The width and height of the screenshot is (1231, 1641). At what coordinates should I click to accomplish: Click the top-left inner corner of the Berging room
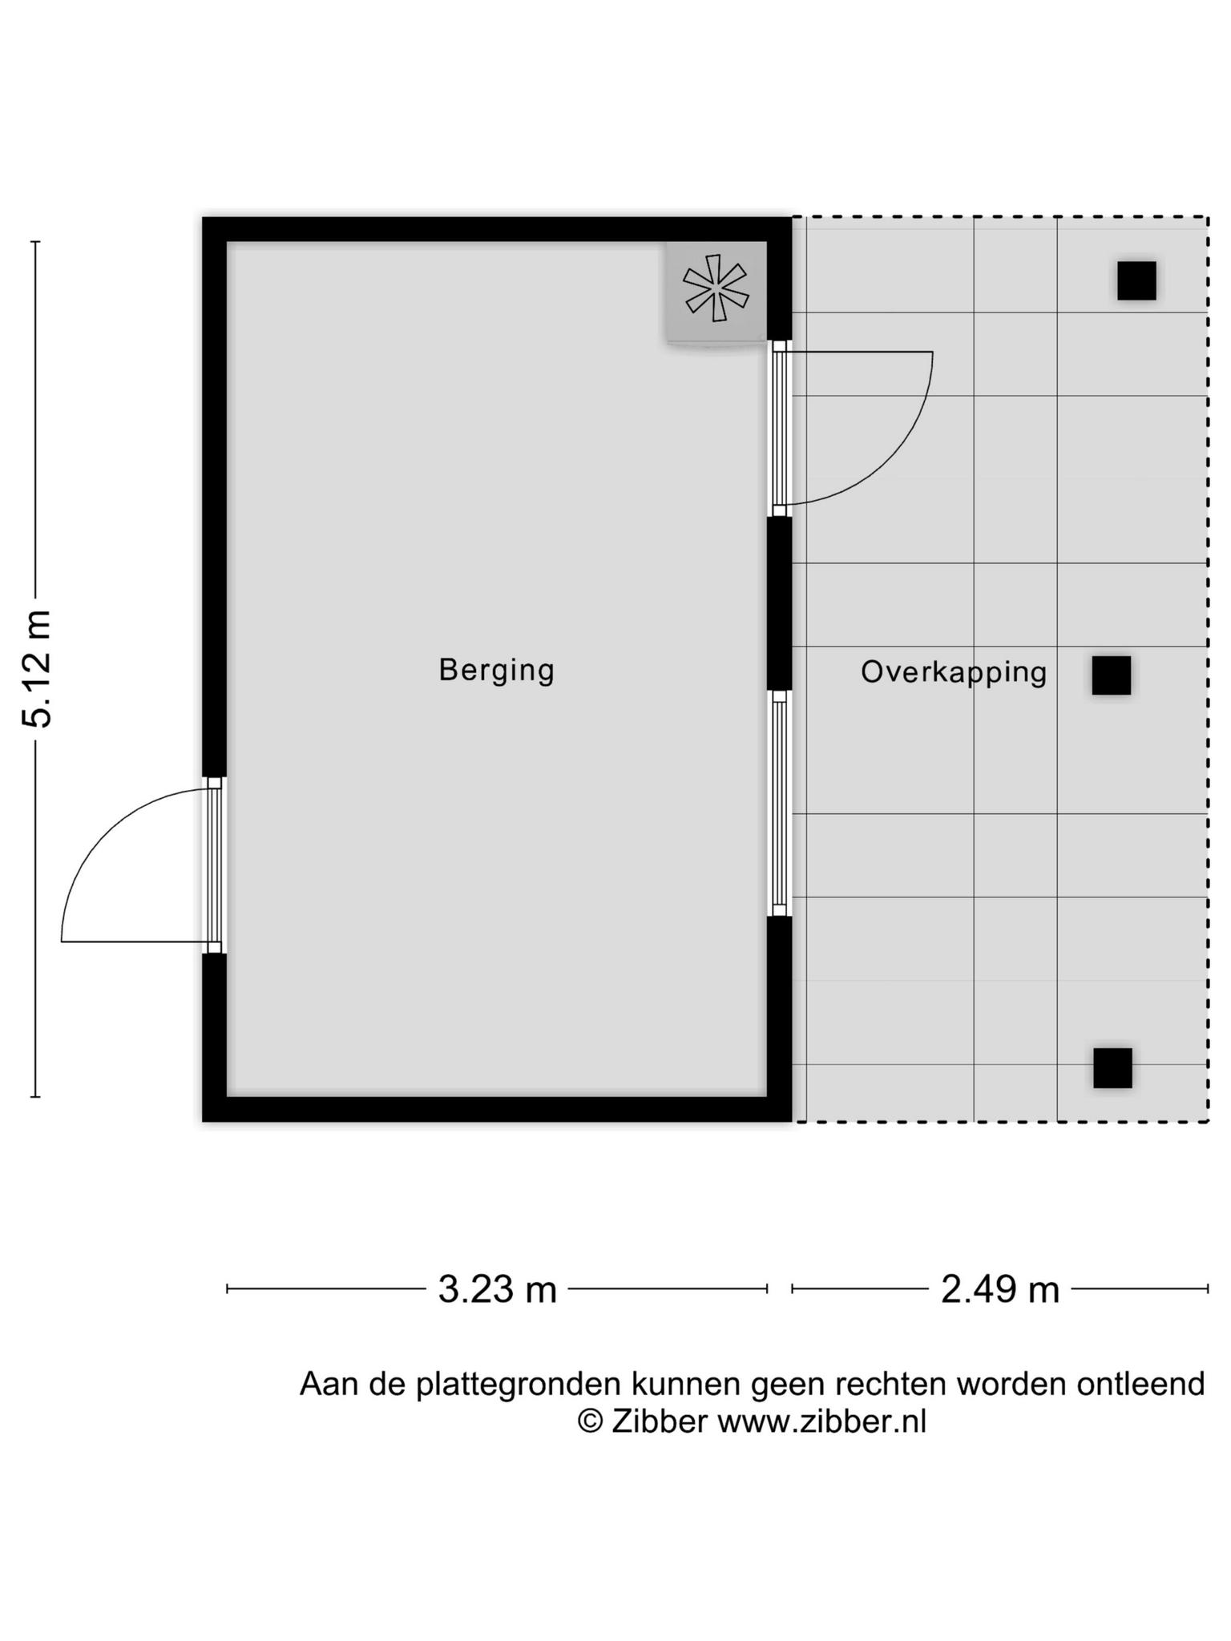click(228, 242)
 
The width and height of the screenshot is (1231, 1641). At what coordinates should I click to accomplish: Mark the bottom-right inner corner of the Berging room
click(767, 1096)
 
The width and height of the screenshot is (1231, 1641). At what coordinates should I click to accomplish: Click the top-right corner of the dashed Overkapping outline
click(1208, 217)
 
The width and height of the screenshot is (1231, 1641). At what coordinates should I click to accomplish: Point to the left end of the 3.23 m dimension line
click(228, 1288)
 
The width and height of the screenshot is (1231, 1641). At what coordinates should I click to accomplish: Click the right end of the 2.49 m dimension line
click(1208, 1288)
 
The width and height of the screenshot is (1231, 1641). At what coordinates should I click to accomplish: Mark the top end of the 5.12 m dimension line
click(35, 242)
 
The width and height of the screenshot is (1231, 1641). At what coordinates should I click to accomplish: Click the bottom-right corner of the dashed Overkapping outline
click(1208, 1121)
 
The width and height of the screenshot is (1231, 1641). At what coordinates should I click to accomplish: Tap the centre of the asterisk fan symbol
click(716, 288)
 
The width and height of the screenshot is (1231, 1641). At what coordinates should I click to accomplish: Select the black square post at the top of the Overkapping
click(1136, 280)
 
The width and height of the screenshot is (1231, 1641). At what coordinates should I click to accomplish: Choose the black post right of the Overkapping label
click(1112, 675)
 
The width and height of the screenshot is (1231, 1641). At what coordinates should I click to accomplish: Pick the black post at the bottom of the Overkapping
click(1113, 1068)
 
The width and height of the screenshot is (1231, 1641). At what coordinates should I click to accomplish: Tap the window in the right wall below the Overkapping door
click(780, 804)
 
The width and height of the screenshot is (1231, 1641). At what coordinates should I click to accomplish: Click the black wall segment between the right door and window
click(780, 603)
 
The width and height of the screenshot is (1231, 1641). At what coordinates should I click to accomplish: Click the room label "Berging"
click(497, 670)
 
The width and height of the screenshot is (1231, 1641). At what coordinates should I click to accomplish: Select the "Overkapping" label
click(954, 671)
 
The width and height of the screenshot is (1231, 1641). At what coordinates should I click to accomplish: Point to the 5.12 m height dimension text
click(38, 668)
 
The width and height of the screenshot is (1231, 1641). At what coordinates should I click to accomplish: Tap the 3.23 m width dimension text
click(498, 1289)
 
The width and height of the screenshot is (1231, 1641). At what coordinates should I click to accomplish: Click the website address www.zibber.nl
click(821, 1421)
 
